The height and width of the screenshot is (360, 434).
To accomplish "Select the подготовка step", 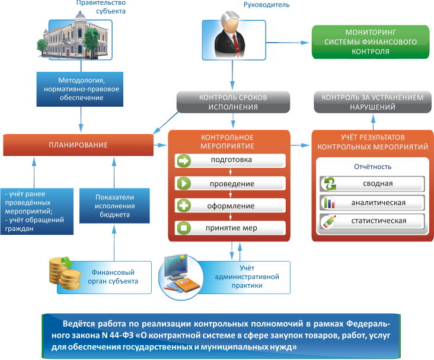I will click(231, 160).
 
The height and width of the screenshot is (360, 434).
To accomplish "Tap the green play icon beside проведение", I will click(184, 183).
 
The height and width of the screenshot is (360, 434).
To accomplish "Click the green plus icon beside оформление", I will click(184, 206).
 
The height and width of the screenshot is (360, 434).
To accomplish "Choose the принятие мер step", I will click(231, 228).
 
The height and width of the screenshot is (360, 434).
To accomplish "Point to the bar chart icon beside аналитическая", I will click(328, 203).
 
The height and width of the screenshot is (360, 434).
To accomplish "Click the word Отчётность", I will click(372, 166).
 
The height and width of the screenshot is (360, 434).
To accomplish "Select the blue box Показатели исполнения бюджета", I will click(116, 205).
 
